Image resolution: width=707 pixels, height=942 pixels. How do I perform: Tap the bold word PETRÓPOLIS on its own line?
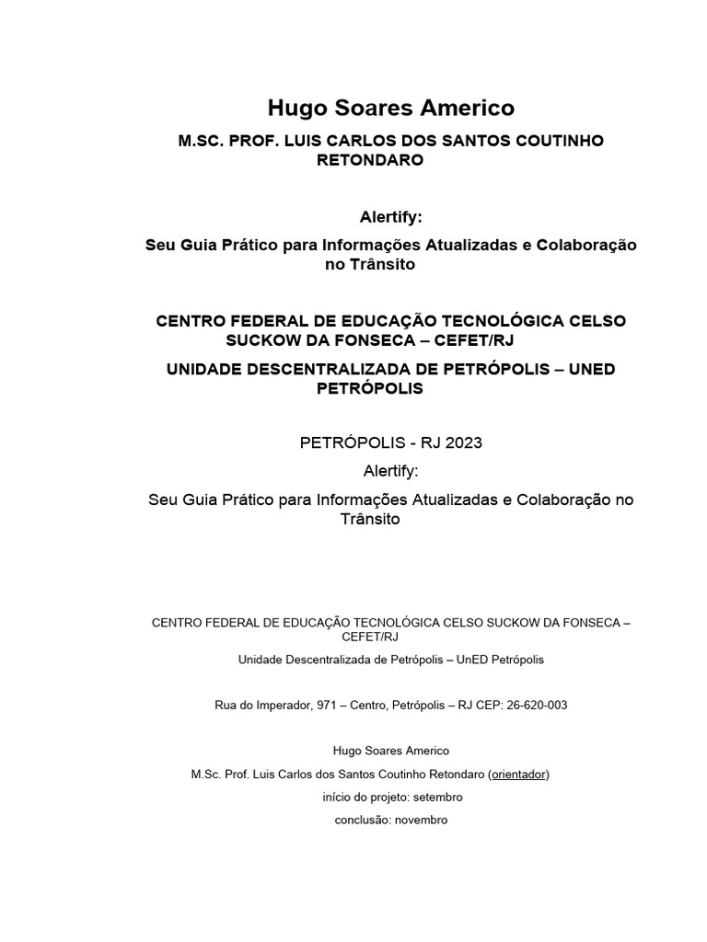[x=370, y=388]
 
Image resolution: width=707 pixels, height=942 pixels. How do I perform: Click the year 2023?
[x=463, y=442]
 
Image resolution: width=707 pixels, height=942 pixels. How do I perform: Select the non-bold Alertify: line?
[x=390, y=471]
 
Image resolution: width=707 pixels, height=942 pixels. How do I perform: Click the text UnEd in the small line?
[x=461, y=660]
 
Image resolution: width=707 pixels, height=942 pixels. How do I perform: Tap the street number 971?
[x=327, y=706]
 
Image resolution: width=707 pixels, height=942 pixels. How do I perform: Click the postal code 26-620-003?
[x=537, y=706]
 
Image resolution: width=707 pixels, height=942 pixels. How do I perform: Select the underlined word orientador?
[x=518, y=775]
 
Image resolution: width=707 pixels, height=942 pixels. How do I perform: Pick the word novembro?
[x=421, y=820]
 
